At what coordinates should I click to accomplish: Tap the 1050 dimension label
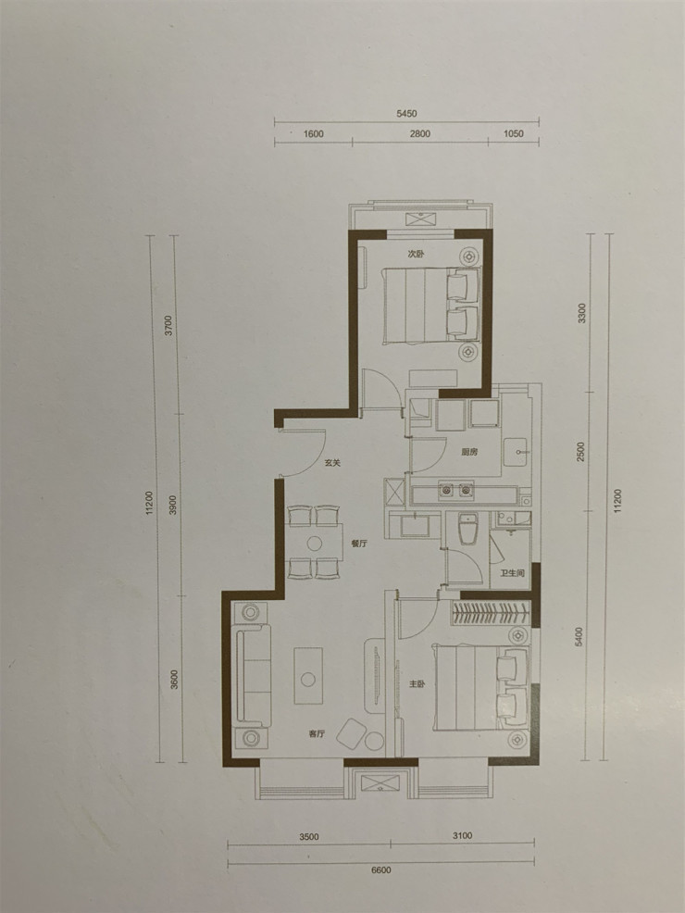click(514, 133)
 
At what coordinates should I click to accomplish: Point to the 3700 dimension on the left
click(168, 325)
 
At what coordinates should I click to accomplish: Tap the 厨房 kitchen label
click(468, 453)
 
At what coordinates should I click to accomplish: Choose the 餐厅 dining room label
click(360, 545)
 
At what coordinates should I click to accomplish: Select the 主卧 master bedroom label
click(417, 684)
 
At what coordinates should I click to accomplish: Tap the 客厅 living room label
click(317, 733)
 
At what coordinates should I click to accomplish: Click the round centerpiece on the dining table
click(315, 543)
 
